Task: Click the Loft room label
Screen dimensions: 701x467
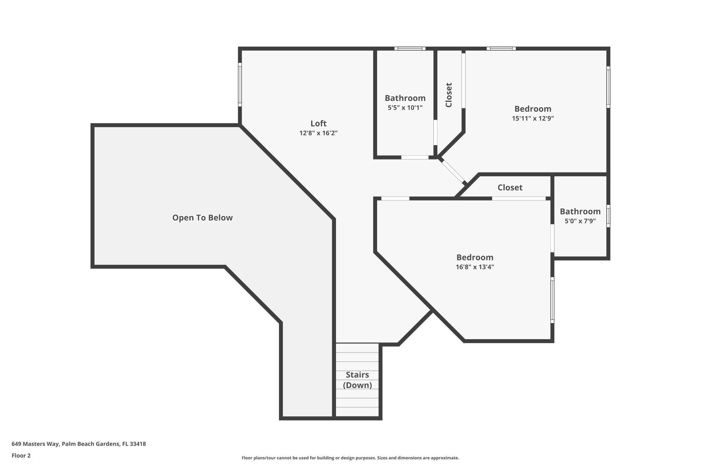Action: (x=318, y=123)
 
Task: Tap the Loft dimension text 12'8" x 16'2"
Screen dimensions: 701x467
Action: (x=318, y=133)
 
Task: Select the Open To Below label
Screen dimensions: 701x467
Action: (x=202, y=218)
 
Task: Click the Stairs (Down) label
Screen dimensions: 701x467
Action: (x=357, y=380)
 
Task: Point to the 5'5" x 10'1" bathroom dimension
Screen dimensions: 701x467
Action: (x=405, y=107)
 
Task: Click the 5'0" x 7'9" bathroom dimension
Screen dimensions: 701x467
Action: (x=580, y=221)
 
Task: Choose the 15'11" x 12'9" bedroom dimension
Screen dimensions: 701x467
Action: (x=533, y=118)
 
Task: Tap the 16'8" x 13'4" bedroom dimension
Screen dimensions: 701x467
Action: (x=475, y=267)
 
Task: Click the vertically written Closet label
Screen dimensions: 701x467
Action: (x=449, y=95)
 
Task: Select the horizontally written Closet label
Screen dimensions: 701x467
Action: (x=510, y=187)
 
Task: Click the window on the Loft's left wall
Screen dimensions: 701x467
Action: (x=240, y=85)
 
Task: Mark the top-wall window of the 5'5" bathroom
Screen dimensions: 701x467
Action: (x=410, y=49)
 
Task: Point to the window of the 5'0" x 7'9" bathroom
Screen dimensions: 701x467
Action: (x=608, y=216)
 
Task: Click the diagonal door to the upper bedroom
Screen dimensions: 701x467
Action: (x=453, y=171)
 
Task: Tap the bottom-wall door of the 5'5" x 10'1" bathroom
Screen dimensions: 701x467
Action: (x=415, y=157)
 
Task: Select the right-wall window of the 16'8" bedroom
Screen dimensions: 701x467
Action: (x=552, y=300)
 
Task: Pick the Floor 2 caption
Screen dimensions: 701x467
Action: (x=21, y=455)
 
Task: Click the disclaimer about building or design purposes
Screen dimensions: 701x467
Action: (x=350, y=458)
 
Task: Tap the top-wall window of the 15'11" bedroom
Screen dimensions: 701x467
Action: (x=501, y=49)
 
